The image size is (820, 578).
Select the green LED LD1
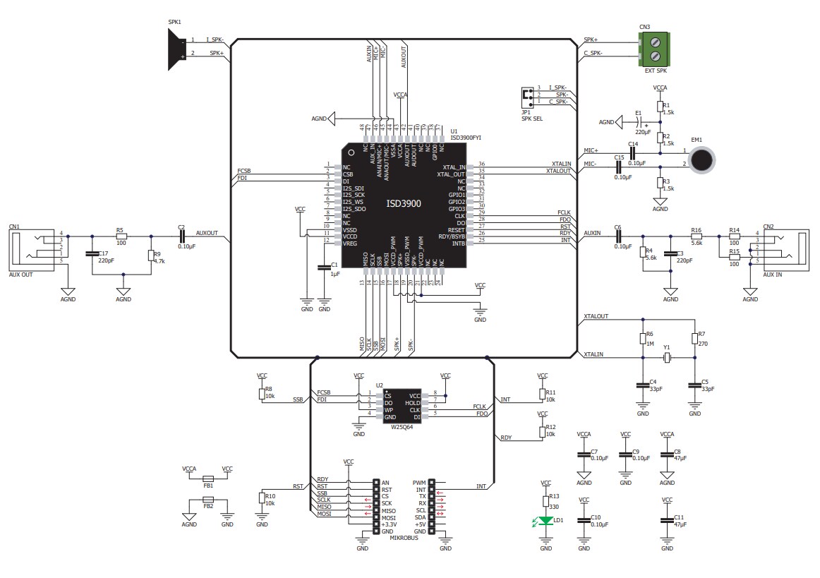[545, 521]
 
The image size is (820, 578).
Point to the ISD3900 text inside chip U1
[404, 203]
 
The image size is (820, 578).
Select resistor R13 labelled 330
[545, 500]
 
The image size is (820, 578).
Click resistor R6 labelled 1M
[642, 337]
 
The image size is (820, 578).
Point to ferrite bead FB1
[208, 478]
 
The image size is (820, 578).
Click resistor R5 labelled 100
[121, 236]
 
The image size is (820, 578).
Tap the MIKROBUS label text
[404, 538]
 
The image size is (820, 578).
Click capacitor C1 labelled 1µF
[325, 267]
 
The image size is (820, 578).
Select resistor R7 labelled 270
[695, 337]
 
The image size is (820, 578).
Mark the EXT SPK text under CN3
[656, 71]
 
